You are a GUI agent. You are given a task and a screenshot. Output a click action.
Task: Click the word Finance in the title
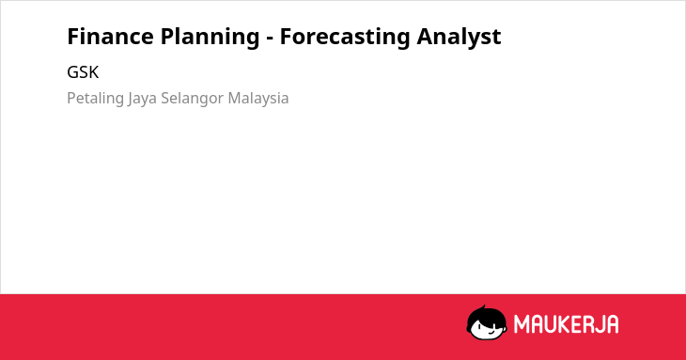(x=109, y=37)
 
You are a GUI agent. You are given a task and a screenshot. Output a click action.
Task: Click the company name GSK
(x=83, y=72)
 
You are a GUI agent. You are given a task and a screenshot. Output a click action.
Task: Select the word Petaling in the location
(x=95, y=99)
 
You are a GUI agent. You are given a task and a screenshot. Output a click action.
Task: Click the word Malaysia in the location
(x=258, y=99)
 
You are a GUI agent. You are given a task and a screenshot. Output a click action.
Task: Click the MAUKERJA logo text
(x=566, y=324)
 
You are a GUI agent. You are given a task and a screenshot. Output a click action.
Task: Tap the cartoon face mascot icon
(x=487, y=322)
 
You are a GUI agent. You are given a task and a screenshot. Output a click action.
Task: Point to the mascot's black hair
(x=486, y=314)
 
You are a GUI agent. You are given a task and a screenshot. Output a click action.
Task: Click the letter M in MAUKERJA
(x=522, y=324)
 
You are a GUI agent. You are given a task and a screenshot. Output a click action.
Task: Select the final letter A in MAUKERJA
(x=613, y=324)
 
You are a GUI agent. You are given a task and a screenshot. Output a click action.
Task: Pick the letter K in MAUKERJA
(x=564, y=324)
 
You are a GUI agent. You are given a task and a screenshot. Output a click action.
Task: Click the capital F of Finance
(x=73, y=37)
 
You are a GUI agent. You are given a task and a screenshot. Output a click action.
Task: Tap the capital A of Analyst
(x=425, y=37)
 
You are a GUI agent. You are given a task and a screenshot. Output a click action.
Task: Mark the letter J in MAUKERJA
(x=598, y=324)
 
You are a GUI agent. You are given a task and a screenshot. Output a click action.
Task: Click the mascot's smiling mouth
(x=491, y=333)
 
